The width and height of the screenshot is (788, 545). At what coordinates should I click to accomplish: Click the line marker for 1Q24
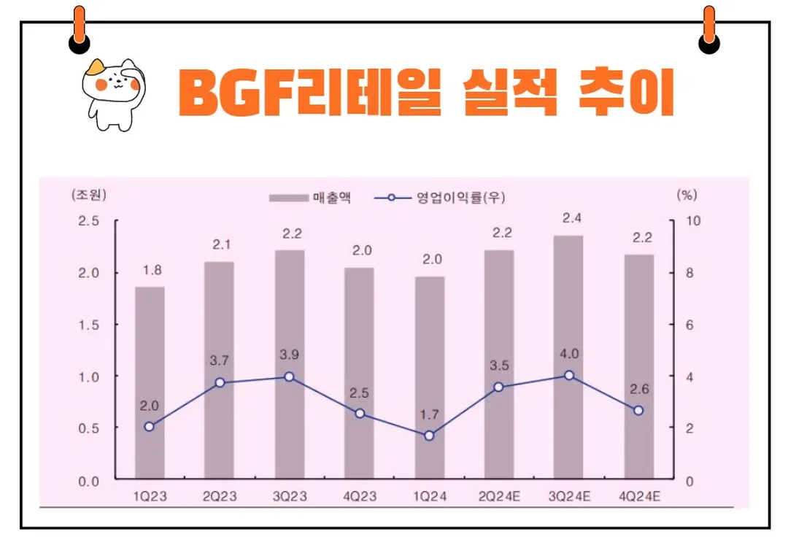(429, 436)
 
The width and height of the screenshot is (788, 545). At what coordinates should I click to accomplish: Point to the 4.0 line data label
(570, 354)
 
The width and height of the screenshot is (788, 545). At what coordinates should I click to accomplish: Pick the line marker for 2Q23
(220, 382)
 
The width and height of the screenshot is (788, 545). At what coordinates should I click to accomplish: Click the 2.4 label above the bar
(570, 217)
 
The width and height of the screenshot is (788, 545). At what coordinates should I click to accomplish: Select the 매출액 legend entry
(309, 197)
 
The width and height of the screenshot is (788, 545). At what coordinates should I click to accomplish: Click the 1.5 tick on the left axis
(88, 325)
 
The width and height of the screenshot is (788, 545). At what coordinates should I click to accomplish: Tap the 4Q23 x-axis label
(359, 497)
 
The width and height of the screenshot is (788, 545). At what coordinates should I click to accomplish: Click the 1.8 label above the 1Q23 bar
(151, 270)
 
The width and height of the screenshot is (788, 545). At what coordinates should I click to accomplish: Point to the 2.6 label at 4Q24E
(638, 390)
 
